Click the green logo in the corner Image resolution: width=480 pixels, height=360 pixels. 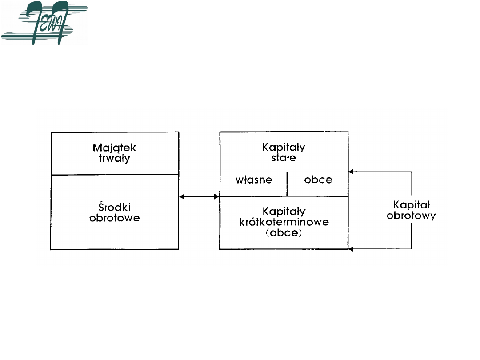click(44, 24)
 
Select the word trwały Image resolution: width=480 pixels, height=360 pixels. click(115, 158)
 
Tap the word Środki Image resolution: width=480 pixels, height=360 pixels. click(115, 208)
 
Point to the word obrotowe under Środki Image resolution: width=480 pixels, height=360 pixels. click(115, 218)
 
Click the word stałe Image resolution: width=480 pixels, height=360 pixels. click(284, 158)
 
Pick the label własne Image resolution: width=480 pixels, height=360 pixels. click(253, 180)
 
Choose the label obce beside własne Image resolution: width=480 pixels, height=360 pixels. click(318, 180)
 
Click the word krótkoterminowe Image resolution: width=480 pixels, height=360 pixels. click(284, 222)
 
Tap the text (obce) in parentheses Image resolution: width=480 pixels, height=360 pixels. click(284, 233)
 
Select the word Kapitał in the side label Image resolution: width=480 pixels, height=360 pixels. click(411, 205)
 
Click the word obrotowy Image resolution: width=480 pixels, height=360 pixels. click(411, 216)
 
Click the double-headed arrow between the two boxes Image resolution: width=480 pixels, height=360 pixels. click(199, 196)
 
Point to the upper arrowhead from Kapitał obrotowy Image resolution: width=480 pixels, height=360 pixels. click(351, 172)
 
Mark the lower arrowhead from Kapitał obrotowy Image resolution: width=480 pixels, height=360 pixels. click(351, 249)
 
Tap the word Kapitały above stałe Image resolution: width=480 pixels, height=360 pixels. click(284, 147)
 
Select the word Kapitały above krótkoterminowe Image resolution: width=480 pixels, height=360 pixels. click(284, 211)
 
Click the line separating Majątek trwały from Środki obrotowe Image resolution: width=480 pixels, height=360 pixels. click(115, 175)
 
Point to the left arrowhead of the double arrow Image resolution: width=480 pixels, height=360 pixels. click(181, 196)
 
